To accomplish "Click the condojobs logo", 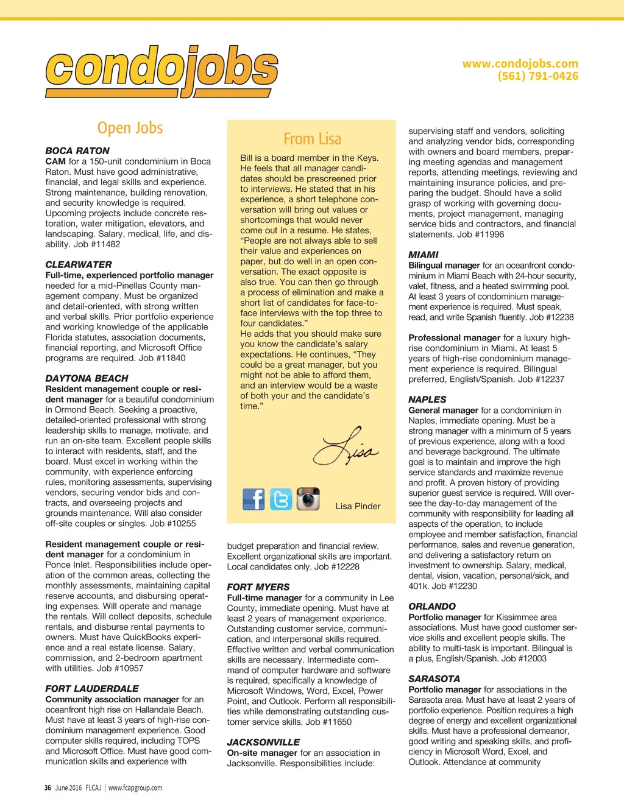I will [x=161, y=71].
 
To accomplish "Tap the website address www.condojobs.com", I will [x=520, y=63].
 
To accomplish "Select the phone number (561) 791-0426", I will [x=537, y=76].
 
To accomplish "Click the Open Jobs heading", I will [x=130, y=128].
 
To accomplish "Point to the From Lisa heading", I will [x=312, y=139].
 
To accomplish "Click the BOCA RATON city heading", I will [x=77, y=150].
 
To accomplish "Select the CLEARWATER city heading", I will [x=79, y=264].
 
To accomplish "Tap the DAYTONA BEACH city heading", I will [x=87, y=378].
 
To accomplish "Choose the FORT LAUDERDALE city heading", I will [x=92, y=688].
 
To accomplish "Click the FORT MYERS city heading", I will [x=258, y=587].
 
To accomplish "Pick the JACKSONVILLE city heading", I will [x=263, y=742].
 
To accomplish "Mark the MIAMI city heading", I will [x=424, y=255].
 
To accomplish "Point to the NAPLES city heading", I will [x=427, y=400].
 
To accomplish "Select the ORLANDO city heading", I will [x=432, y=607].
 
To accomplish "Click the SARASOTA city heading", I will [x=434, y=678].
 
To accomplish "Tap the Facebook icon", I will [x=253, y=499].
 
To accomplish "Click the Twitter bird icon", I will [x=281, y=499].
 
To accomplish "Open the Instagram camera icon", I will [x=308, y=499].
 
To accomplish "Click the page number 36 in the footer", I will [x=48, y=787].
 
